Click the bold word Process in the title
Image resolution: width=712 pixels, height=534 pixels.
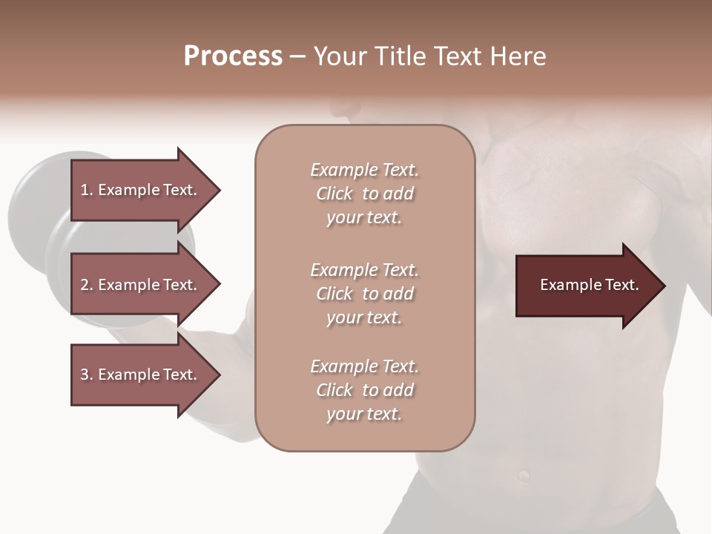[x=233, y=56]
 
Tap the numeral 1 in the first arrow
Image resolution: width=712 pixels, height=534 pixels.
[x=85, y=190]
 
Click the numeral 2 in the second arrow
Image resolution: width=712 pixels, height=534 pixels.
[x=85, y=285]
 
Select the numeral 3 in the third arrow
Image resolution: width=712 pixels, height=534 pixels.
[x=85, y=375]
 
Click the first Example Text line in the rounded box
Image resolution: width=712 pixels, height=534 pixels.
[x=364, y=170]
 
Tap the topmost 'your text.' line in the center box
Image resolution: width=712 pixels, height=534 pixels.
[x=364, y=218]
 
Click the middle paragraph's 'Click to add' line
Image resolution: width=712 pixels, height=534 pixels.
[x=364, y=294]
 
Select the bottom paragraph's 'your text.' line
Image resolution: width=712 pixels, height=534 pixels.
[x=364, y=415]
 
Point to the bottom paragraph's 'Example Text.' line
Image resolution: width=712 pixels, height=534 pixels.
[x=364, y=366]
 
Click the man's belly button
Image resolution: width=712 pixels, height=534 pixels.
[x=524, y=473]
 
